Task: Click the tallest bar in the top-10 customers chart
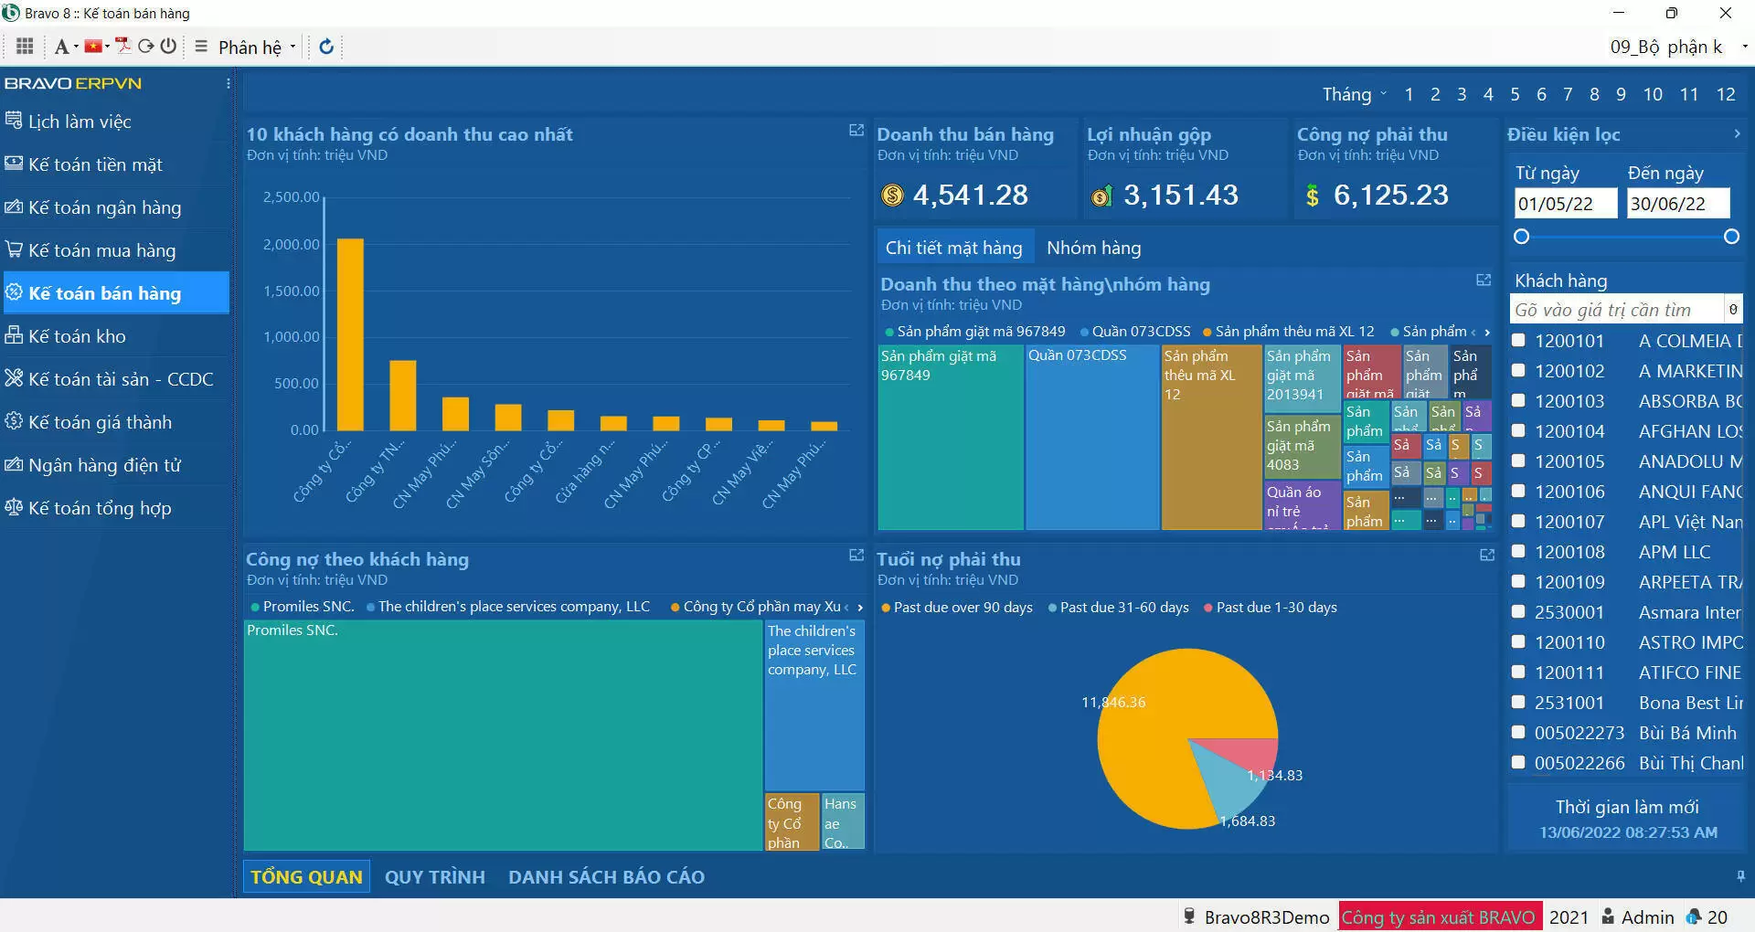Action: pos(350,334)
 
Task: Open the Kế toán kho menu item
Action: pos(77,336)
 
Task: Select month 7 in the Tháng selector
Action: pos(1568,94)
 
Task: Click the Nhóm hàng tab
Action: pos(1093,248)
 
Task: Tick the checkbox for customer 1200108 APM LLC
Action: pos(1519,552)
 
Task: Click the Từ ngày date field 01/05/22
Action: pos(1564,204)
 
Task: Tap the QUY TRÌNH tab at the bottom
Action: pos(434,877)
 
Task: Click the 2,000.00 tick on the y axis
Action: pos(292,244)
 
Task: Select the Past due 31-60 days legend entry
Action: pos(1123,608)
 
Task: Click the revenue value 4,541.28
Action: pos(970,195)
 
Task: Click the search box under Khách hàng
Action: pos(1616,310)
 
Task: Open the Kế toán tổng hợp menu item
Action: pos(99,508)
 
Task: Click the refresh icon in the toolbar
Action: pos(326,47)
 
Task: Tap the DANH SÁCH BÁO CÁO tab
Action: pos(606,877)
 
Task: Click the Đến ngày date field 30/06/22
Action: pos(1678,204)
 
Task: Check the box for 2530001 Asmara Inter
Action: pos(1519,612)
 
